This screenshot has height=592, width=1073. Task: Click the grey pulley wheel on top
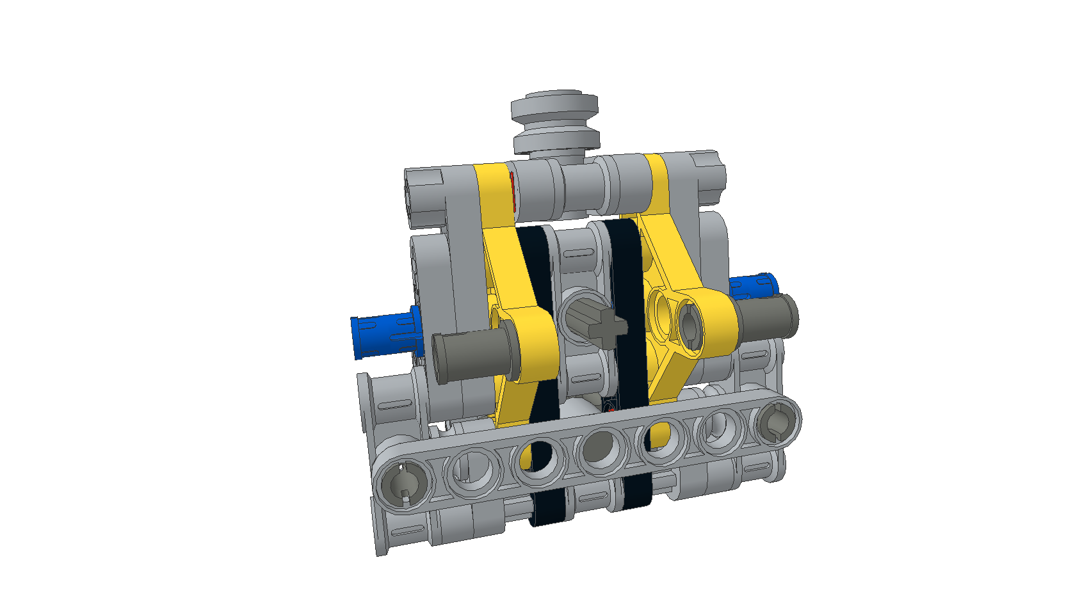[554, 122]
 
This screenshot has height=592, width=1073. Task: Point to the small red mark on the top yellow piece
[513, 192]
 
